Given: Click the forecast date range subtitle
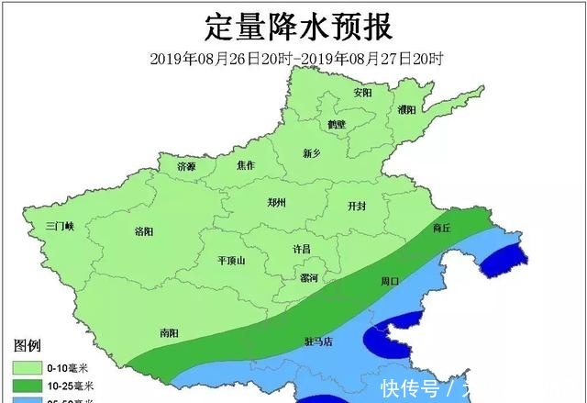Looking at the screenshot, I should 297,58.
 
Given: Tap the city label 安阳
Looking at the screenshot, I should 363,93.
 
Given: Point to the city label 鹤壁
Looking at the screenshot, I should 337,124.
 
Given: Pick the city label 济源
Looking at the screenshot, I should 186,166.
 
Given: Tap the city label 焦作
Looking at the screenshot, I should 245,165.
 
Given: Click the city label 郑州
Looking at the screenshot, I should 277,202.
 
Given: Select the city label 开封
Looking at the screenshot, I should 357,207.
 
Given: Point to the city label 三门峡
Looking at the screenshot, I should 64,225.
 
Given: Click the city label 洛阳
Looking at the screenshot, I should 144,230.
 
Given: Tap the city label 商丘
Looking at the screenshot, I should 441,227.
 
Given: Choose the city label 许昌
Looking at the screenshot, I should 302,249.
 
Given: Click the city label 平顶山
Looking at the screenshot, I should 231,261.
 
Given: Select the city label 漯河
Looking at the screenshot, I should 309,277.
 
